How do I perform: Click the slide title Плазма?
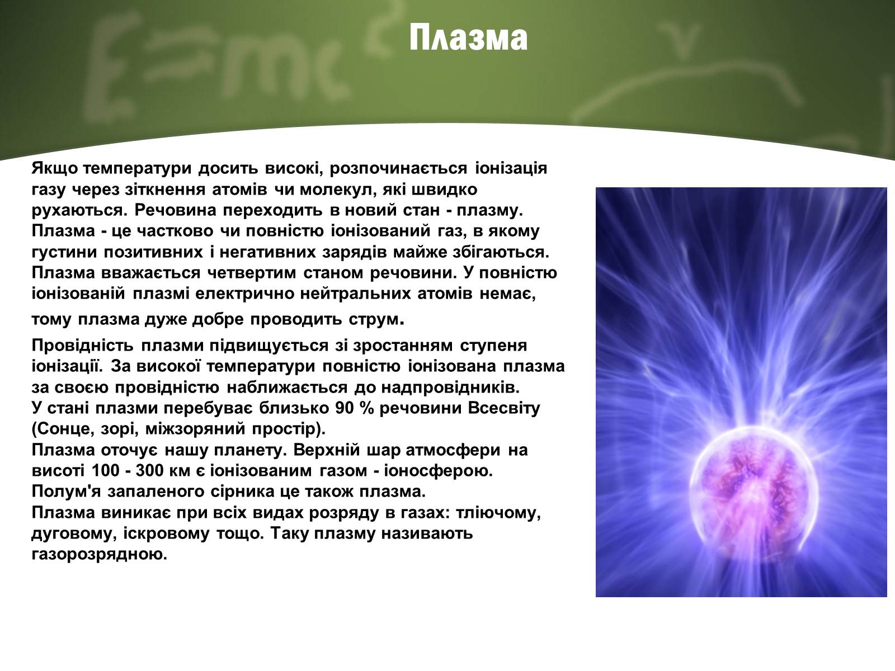pos(468,38)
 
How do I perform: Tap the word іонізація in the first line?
pos(511,168)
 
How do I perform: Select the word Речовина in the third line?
pos(175,210)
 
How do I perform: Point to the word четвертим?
pos(252,273)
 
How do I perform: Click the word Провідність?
pos(82,346)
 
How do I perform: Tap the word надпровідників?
pos(450,388)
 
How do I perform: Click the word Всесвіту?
pos(504,408)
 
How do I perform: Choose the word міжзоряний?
pos(195,429)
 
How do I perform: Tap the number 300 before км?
pos(149,471)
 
